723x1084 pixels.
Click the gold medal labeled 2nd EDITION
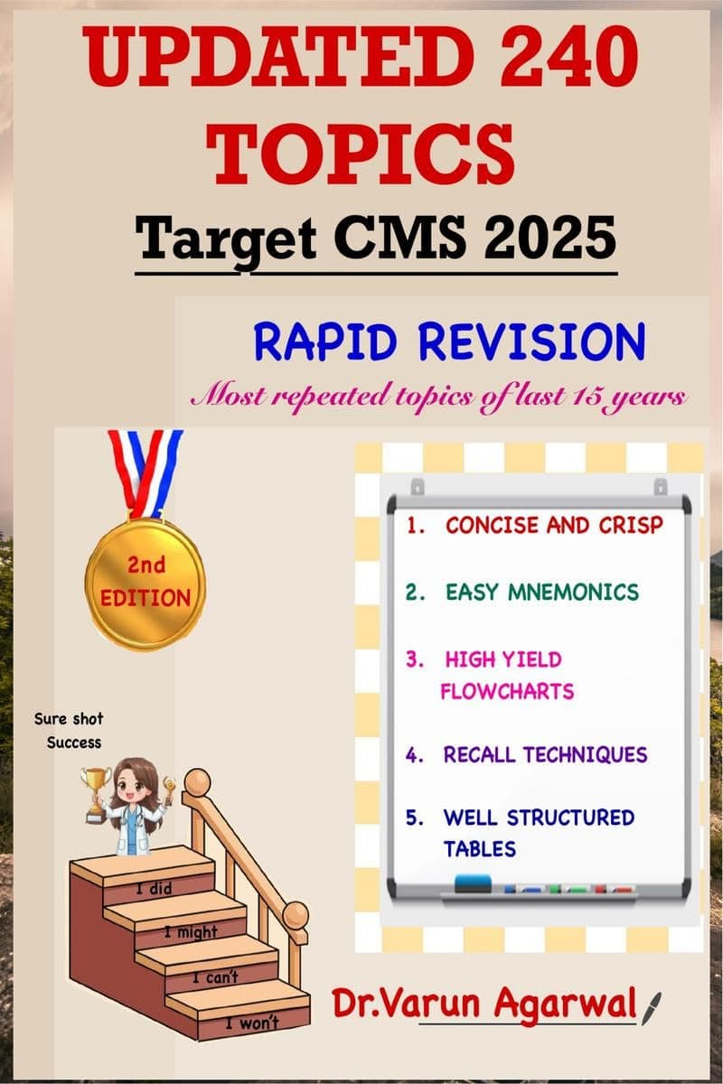(146, 584)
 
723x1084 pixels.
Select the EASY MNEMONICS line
(541, 593)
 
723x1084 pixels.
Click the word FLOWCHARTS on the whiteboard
(507, 692)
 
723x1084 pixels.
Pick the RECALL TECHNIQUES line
(545, 754)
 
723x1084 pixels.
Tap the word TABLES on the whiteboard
(479, 848)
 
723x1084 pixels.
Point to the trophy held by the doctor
(96, 791)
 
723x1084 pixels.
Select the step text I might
(190, 931)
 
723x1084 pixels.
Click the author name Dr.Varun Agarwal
(484, 1005)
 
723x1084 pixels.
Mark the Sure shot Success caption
(69, 731)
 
